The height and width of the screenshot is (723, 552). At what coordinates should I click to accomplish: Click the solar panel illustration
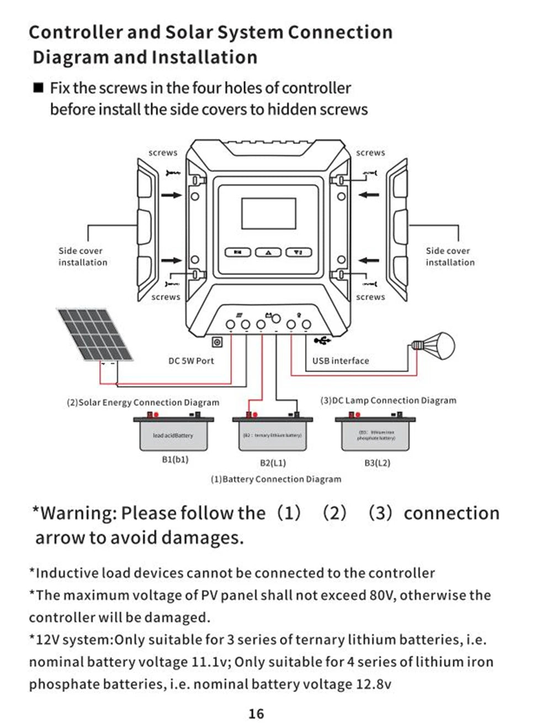click(95, 334)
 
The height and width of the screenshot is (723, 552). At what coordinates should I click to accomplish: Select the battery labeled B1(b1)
click(173, 435)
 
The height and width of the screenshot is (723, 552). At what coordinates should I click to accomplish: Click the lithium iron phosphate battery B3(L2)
click(375, 435)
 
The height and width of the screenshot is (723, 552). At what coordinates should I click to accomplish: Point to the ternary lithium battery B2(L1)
click(272, 435)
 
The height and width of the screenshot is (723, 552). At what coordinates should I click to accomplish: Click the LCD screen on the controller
click(269, 213)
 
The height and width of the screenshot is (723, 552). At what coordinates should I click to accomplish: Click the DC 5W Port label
click(191, 361)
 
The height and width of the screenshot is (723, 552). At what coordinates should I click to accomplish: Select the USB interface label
click(341, 361)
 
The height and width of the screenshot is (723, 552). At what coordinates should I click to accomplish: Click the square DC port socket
click(217, 342)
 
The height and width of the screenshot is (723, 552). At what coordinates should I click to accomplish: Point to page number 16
click(256, 714)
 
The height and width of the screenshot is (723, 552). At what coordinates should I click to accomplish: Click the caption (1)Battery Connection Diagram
click(276, 479)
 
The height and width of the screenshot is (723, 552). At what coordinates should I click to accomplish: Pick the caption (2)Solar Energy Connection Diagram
click(143, 403)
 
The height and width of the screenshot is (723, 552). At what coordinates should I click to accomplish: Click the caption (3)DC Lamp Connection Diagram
click(389, 400)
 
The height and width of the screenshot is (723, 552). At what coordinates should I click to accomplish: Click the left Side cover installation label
click(83, 256)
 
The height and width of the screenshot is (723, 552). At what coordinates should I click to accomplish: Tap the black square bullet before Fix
click(38, 88)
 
